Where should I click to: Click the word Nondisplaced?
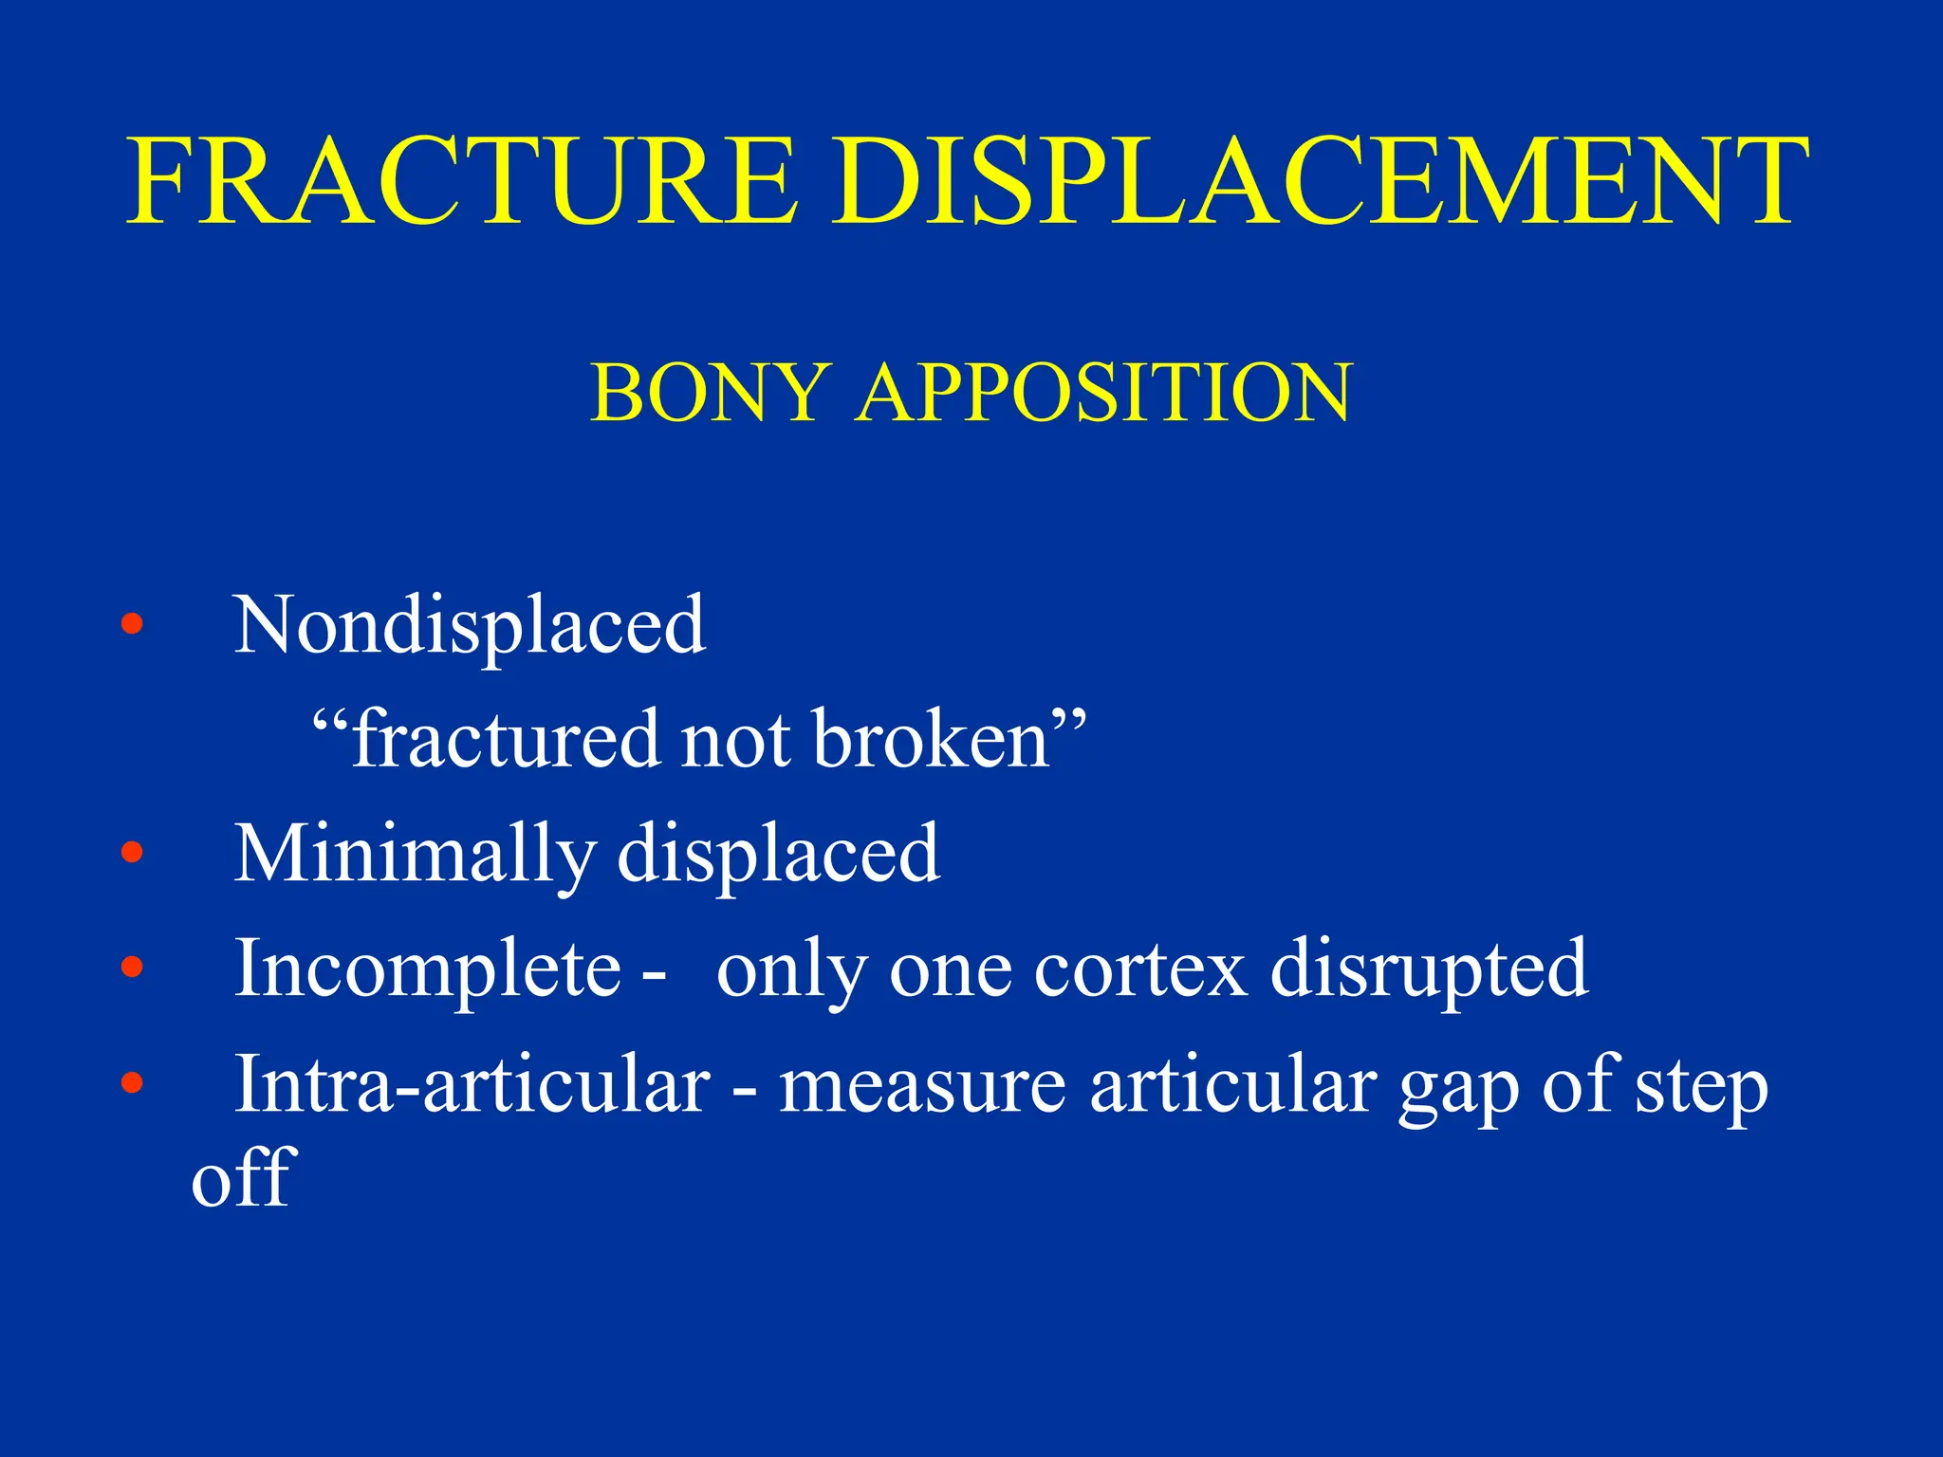(x=470, y=625)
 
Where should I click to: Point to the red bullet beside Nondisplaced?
(x=132, y=624)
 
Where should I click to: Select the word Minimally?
(x=415, y=854)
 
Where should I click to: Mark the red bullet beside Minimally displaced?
(x=132, y=853)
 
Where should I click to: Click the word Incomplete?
(x=428, y=968)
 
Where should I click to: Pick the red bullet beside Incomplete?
(x=132, y=968)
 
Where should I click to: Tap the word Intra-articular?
(x=472, y=1083)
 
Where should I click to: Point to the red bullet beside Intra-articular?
(x=132, y=1082)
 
